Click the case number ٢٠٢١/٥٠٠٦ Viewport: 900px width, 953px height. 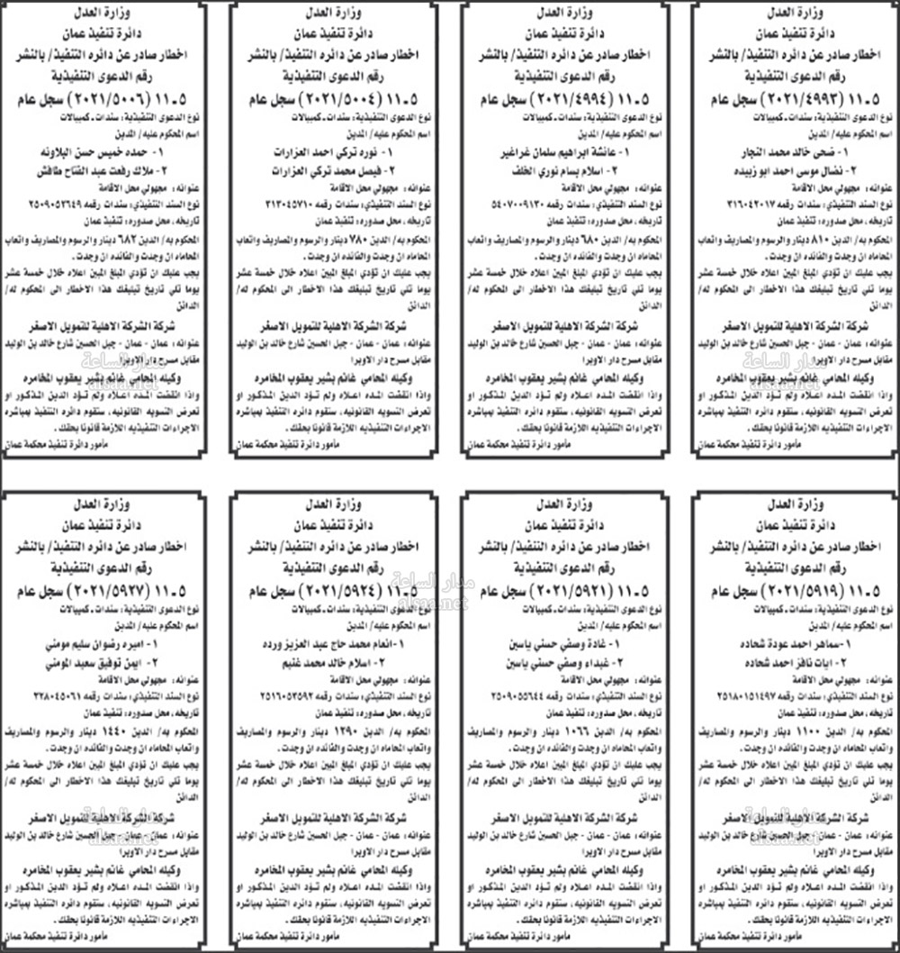[x=105, y=97]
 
